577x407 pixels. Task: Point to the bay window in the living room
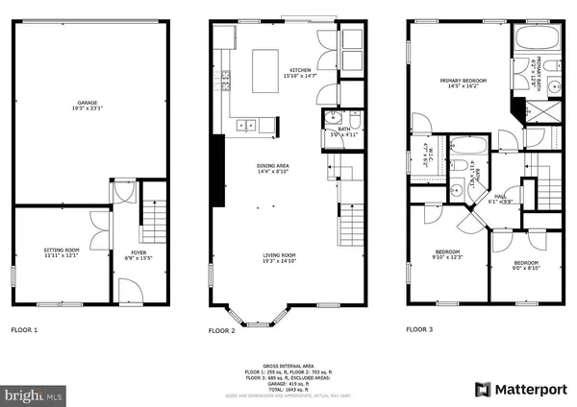coord(255,314)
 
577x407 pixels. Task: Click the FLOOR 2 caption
coord(222,330)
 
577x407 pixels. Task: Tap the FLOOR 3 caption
coord(418,330)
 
